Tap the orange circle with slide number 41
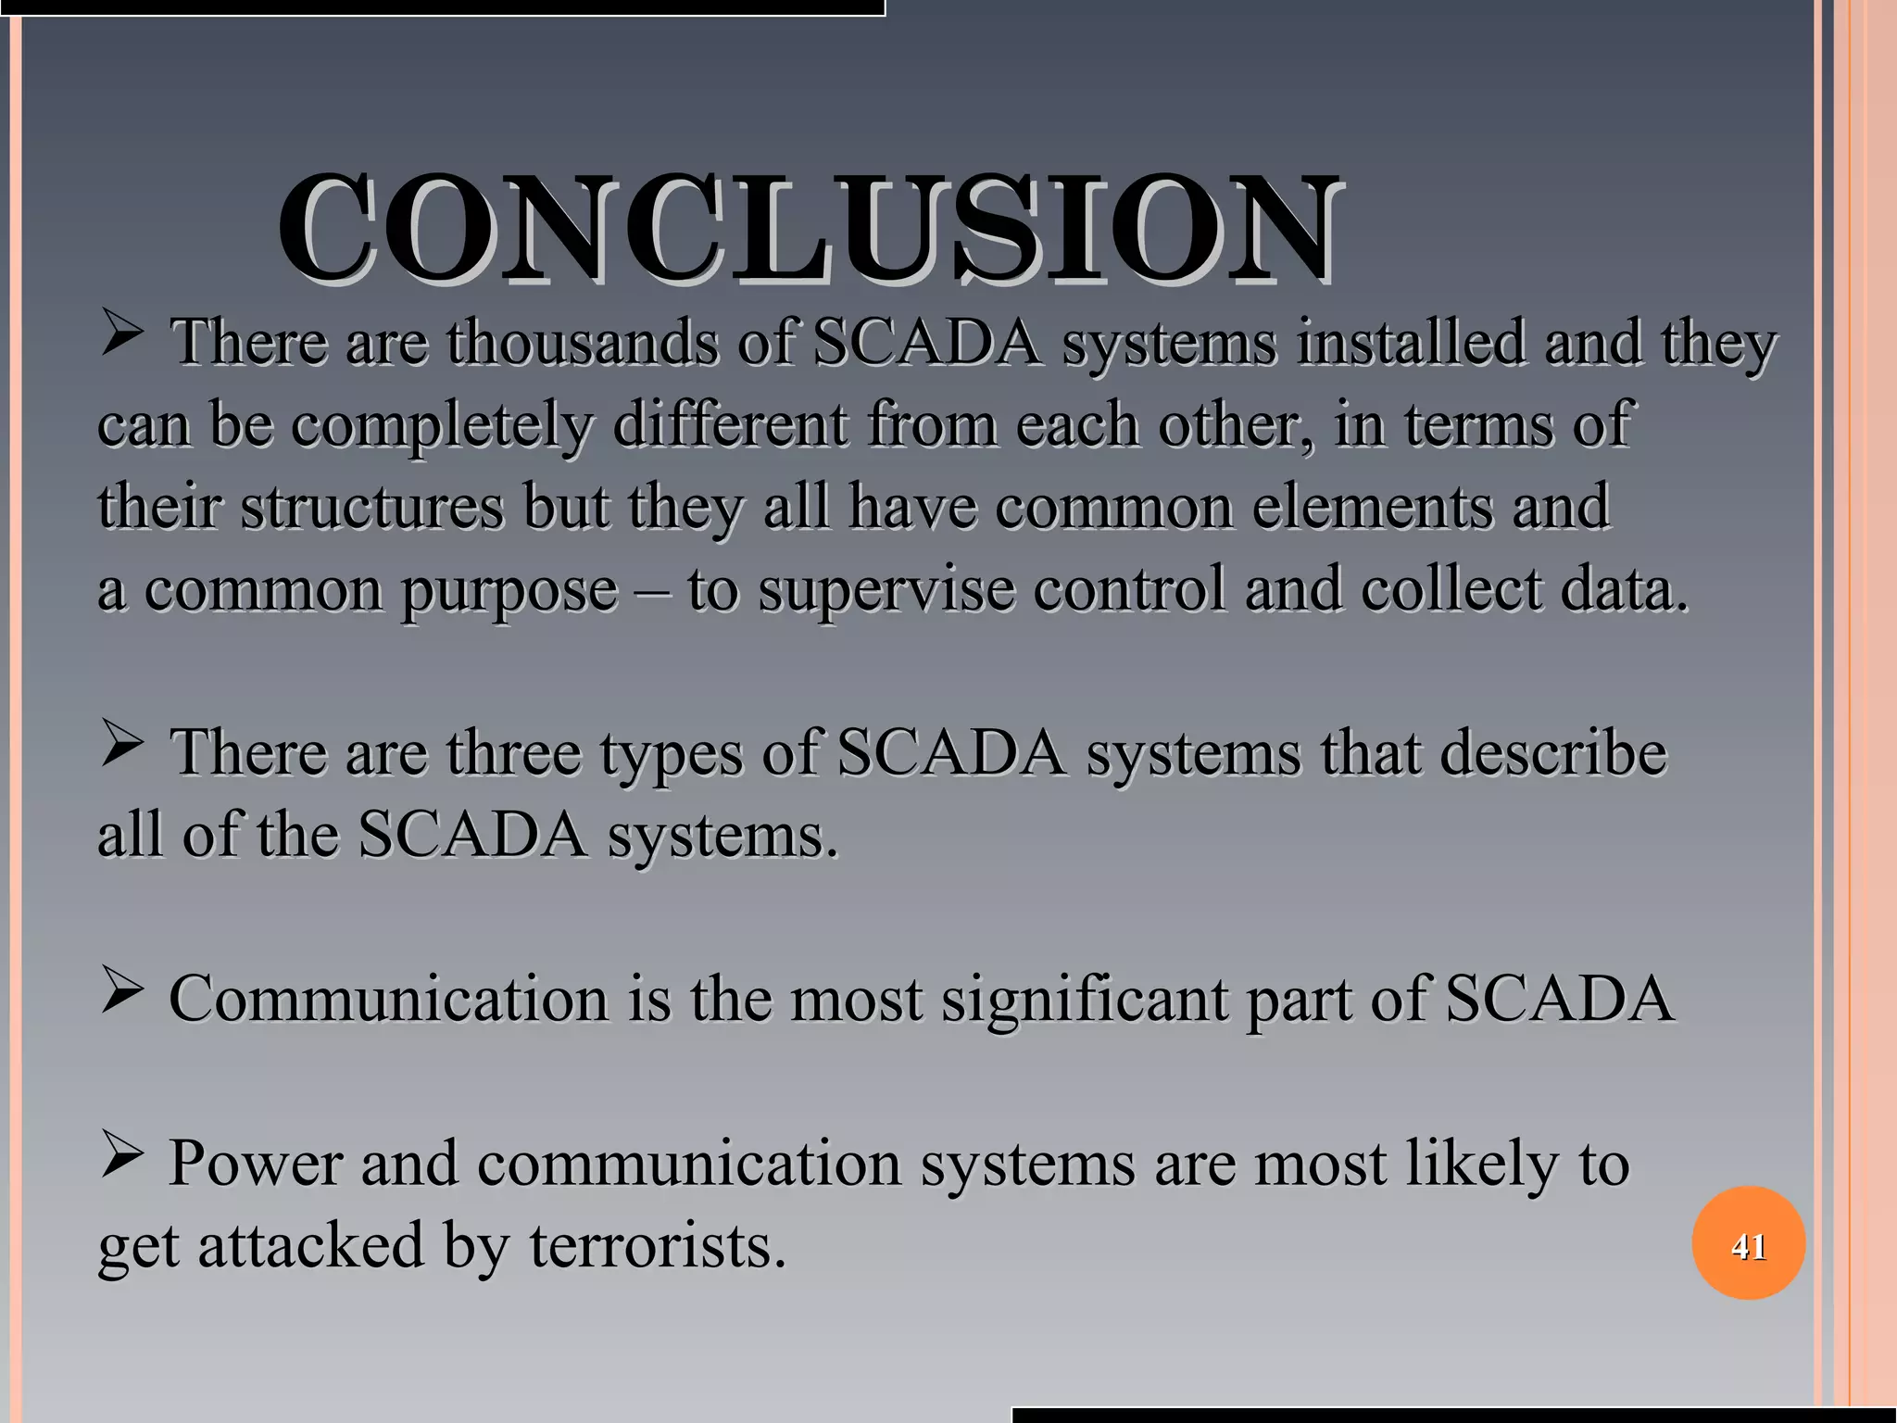point(1748,1243)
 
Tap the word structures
point(372,507)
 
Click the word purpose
point(509,591)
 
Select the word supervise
point(886,591)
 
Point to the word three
point(514,752)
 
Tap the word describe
point(1552,752)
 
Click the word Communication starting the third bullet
point(388,999)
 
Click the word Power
point(255,1163)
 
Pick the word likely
point(1473,1163)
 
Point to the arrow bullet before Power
point(121,1158)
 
